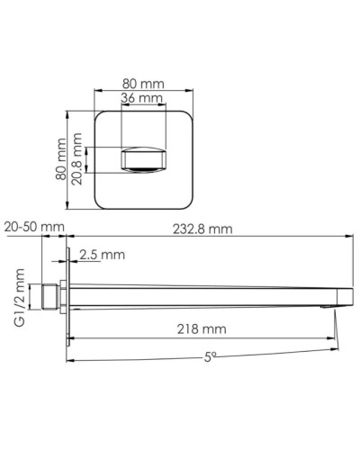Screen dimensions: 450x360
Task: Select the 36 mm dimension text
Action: [143, 97]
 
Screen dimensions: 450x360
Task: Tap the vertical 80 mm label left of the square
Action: [60, 160]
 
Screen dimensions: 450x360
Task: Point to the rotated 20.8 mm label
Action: [78, 160]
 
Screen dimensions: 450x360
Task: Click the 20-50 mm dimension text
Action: [33, 229]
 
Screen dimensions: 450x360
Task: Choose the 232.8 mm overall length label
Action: [202, 229]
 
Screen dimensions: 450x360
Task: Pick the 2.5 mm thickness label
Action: [102, 255]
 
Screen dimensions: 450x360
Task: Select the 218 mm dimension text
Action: [202, 328]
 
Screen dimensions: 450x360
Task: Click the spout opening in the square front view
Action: [144, 161]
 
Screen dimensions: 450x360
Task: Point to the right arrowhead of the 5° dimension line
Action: [344, 363]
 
